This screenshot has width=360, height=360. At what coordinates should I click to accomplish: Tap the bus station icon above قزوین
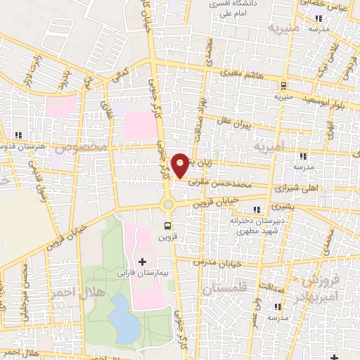pyautogui.click(x=168, y=226)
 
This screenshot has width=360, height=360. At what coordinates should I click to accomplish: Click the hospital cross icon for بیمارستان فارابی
pyautogui.click(x=143, y=262)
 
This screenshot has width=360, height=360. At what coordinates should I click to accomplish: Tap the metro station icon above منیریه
pyautogui.click(x=283, y=86)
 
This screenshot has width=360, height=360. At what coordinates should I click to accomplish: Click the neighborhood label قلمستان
pyautogui.click(x=224, y=288)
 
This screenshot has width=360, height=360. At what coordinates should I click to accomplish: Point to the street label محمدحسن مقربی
pyautogui.click(x=220, y=181)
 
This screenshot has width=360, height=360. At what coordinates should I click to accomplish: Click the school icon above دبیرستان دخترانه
pyautogui.click(x=257, y=209)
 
